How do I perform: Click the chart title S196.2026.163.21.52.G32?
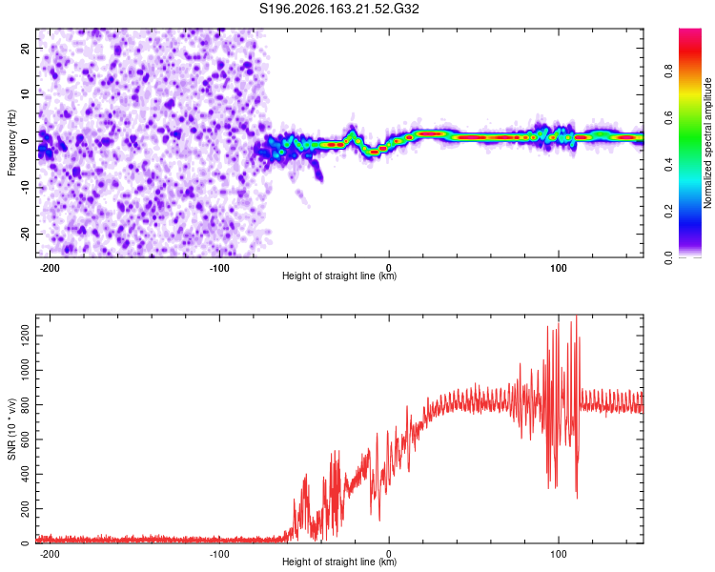tap(338, 9)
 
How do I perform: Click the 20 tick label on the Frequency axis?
tap(26, 48)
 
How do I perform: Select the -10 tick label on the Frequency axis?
tap(26, 187)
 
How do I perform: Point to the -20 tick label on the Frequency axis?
tap(26, 234)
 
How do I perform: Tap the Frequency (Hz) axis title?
tap(11, 143)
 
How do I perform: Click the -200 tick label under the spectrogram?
tap(50, 268)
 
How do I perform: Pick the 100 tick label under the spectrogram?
tap(558, 268)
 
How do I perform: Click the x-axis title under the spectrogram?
tap(339, 276)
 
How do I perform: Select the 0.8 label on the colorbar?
tap(668, 71)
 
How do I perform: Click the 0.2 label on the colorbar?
tap(668, 211)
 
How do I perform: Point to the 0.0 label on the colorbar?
tap(668, 257)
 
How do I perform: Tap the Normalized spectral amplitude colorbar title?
tap(707, 143)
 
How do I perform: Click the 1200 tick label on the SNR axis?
tap(26, 336)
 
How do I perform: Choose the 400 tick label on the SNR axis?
tap(26, 474)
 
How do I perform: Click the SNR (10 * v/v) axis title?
tap(11, 429)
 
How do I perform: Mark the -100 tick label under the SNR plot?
tap(219, 554)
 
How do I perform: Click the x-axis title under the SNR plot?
tap(339, 562)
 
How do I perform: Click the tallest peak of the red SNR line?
tap(577, 317)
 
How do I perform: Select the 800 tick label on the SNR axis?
tap(26, 404)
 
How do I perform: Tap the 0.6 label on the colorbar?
tap(668, 117)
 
